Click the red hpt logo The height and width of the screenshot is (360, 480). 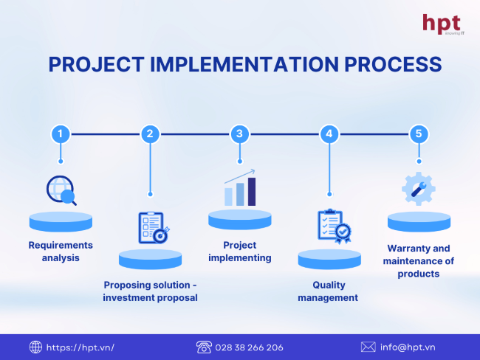[442, 24]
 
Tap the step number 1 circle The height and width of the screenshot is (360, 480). [61, 134]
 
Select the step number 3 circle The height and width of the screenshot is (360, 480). [240, 134]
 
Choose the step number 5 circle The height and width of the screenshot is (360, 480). [419, 134]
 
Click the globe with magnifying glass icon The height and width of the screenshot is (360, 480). [61, 190]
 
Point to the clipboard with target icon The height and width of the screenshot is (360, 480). [154, 228]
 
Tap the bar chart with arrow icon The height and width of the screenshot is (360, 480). [240, 187]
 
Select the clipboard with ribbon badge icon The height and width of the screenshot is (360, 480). [334, 226]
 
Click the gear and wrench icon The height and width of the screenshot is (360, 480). [419, 189]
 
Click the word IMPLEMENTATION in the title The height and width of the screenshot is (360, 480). [244, 64]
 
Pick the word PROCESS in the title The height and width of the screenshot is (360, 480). [393, 64]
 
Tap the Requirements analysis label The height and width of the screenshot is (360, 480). [61, 252]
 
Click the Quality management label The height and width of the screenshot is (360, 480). [328, 291]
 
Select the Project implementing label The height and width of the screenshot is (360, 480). [240, 252]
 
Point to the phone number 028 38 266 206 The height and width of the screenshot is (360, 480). [249, 347]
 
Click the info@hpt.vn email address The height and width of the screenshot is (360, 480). [408, 347]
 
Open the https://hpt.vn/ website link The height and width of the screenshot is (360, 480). [80, 347]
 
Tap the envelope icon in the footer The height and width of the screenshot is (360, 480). [368, 347]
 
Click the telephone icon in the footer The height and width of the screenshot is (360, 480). [204, 347]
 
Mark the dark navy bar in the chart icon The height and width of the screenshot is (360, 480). [252, 192]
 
